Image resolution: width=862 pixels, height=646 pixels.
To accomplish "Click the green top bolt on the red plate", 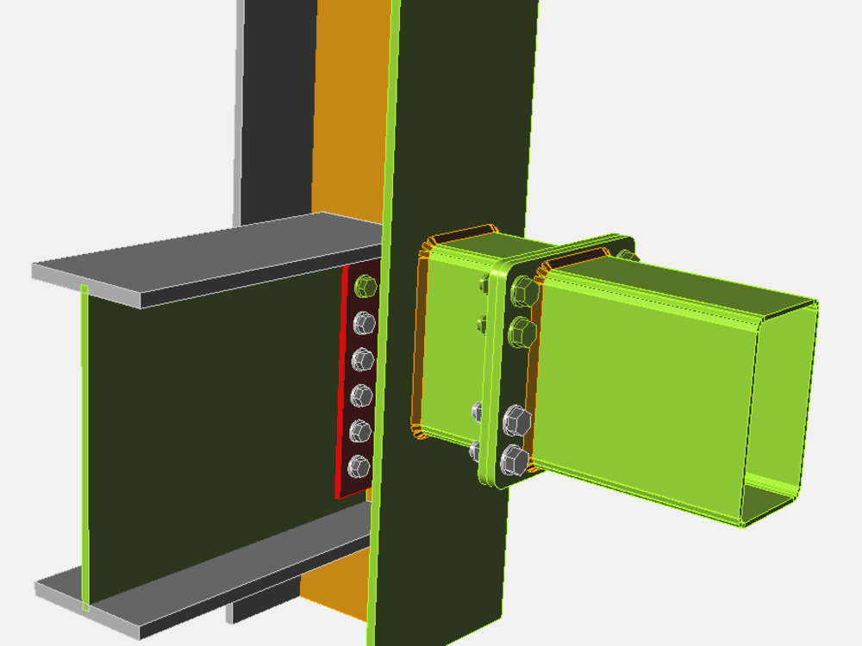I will pos(365,284).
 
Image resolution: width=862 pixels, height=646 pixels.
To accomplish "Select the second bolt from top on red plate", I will pos(365,322).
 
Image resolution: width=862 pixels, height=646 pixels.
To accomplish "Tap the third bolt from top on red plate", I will pos(363,359).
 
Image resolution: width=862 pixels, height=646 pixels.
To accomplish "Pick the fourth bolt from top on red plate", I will pos(362,395).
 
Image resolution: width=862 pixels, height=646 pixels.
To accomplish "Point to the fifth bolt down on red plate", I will pos(360,432).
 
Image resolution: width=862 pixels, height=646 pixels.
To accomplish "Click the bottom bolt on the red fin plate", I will pos(359,468).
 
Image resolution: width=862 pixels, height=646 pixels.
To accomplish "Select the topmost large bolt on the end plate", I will pos(522,292).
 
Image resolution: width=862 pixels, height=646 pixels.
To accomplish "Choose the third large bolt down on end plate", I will pos(516,421).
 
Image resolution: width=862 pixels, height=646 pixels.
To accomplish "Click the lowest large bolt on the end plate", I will pos(514,462).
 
